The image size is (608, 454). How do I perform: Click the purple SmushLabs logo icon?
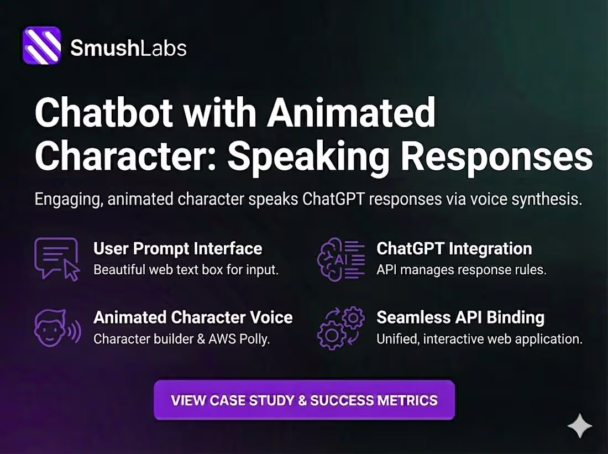42,46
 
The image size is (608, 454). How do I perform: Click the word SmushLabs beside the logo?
128,48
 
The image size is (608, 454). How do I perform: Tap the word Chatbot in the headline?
103,114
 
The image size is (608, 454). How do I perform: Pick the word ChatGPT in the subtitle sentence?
334,199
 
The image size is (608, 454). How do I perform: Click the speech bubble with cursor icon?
57,259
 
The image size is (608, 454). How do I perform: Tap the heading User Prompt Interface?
177,249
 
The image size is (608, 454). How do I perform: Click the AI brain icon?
340,259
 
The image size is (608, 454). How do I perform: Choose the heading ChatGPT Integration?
454,249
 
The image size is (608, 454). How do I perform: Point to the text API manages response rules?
461,270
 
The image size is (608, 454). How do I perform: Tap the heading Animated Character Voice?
193,317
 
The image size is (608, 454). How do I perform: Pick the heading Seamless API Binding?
460,317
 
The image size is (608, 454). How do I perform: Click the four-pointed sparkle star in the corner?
579,425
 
